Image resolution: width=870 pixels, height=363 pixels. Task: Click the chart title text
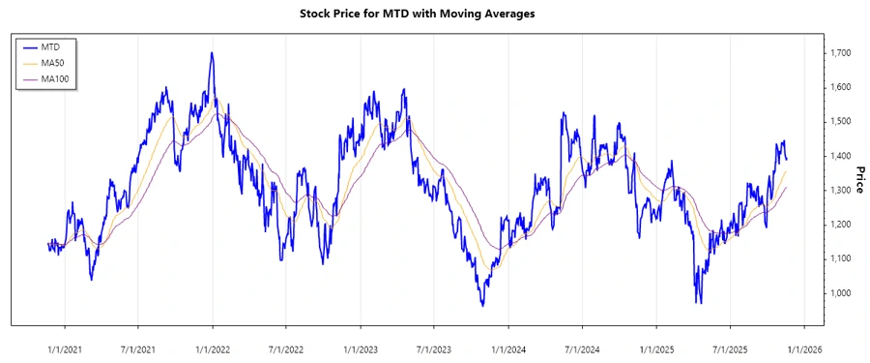coord(434,15)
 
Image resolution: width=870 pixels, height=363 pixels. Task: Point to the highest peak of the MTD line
coord(212,53)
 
